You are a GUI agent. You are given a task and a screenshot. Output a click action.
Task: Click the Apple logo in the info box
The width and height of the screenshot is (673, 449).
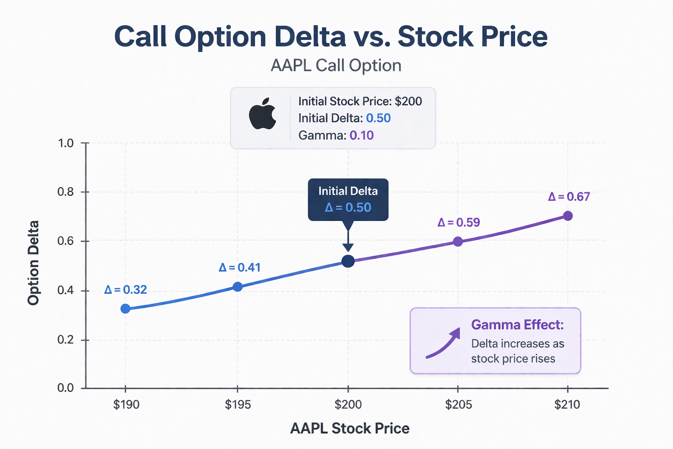pos(262,114)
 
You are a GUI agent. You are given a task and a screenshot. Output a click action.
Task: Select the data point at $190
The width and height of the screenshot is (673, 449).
pos(125,309)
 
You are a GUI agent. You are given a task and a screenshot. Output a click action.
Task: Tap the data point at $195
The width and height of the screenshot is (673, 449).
pos(237,287)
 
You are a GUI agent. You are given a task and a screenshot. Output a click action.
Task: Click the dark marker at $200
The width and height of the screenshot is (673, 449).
pos(348,261)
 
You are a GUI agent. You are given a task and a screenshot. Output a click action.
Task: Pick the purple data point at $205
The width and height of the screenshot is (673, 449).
pos(458,242)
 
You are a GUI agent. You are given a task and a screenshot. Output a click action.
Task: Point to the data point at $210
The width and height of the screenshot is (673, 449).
pos(567,216)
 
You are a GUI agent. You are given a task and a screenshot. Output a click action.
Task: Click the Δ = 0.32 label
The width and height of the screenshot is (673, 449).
pos(125,290)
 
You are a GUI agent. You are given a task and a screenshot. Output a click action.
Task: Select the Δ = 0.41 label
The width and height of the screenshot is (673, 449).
pos(240,267)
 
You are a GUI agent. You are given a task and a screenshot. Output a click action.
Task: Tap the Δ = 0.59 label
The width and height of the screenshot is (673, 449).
pos(459,223)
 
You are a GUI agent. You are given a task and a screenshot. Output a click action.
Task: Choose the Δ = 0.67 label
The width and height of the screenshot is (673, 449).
pos(569,197)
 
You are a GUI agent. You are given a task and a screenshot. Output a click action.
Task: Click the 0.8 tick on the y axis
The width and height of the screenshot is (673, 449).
pos(66,192)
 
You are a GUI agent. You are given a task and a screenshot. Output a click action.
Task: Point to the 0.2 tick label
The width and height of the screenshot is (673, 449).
pos(66,340)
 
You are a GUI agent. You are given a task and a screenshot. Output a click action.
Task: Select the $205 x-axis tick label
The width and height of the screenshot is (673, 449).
pos(458,404)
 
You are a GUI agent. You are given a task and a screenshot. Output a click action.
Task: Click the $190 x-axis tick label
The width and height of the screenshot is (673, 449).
pos(126,404)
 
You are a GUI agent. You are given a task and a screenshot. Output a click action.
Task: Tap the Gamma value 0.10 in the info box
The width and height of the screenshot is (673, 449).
pos(361,135)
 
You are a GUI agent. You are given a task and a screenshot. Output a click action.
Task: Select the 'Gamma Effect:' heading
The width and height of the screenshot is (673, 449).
pos(517,325)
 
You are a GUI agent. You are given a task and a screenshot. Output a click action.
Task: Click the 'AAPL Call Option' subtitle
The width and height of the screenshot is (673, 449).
pos(336,66)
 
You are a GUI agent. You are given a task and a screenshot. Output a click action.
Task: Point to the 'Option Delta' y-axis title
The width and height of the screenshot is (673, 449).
pos(33,263)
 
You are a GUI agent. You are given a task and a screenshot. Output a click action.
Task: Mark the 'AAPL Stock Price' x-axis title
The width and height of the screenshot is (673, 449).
pos(350,428)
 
